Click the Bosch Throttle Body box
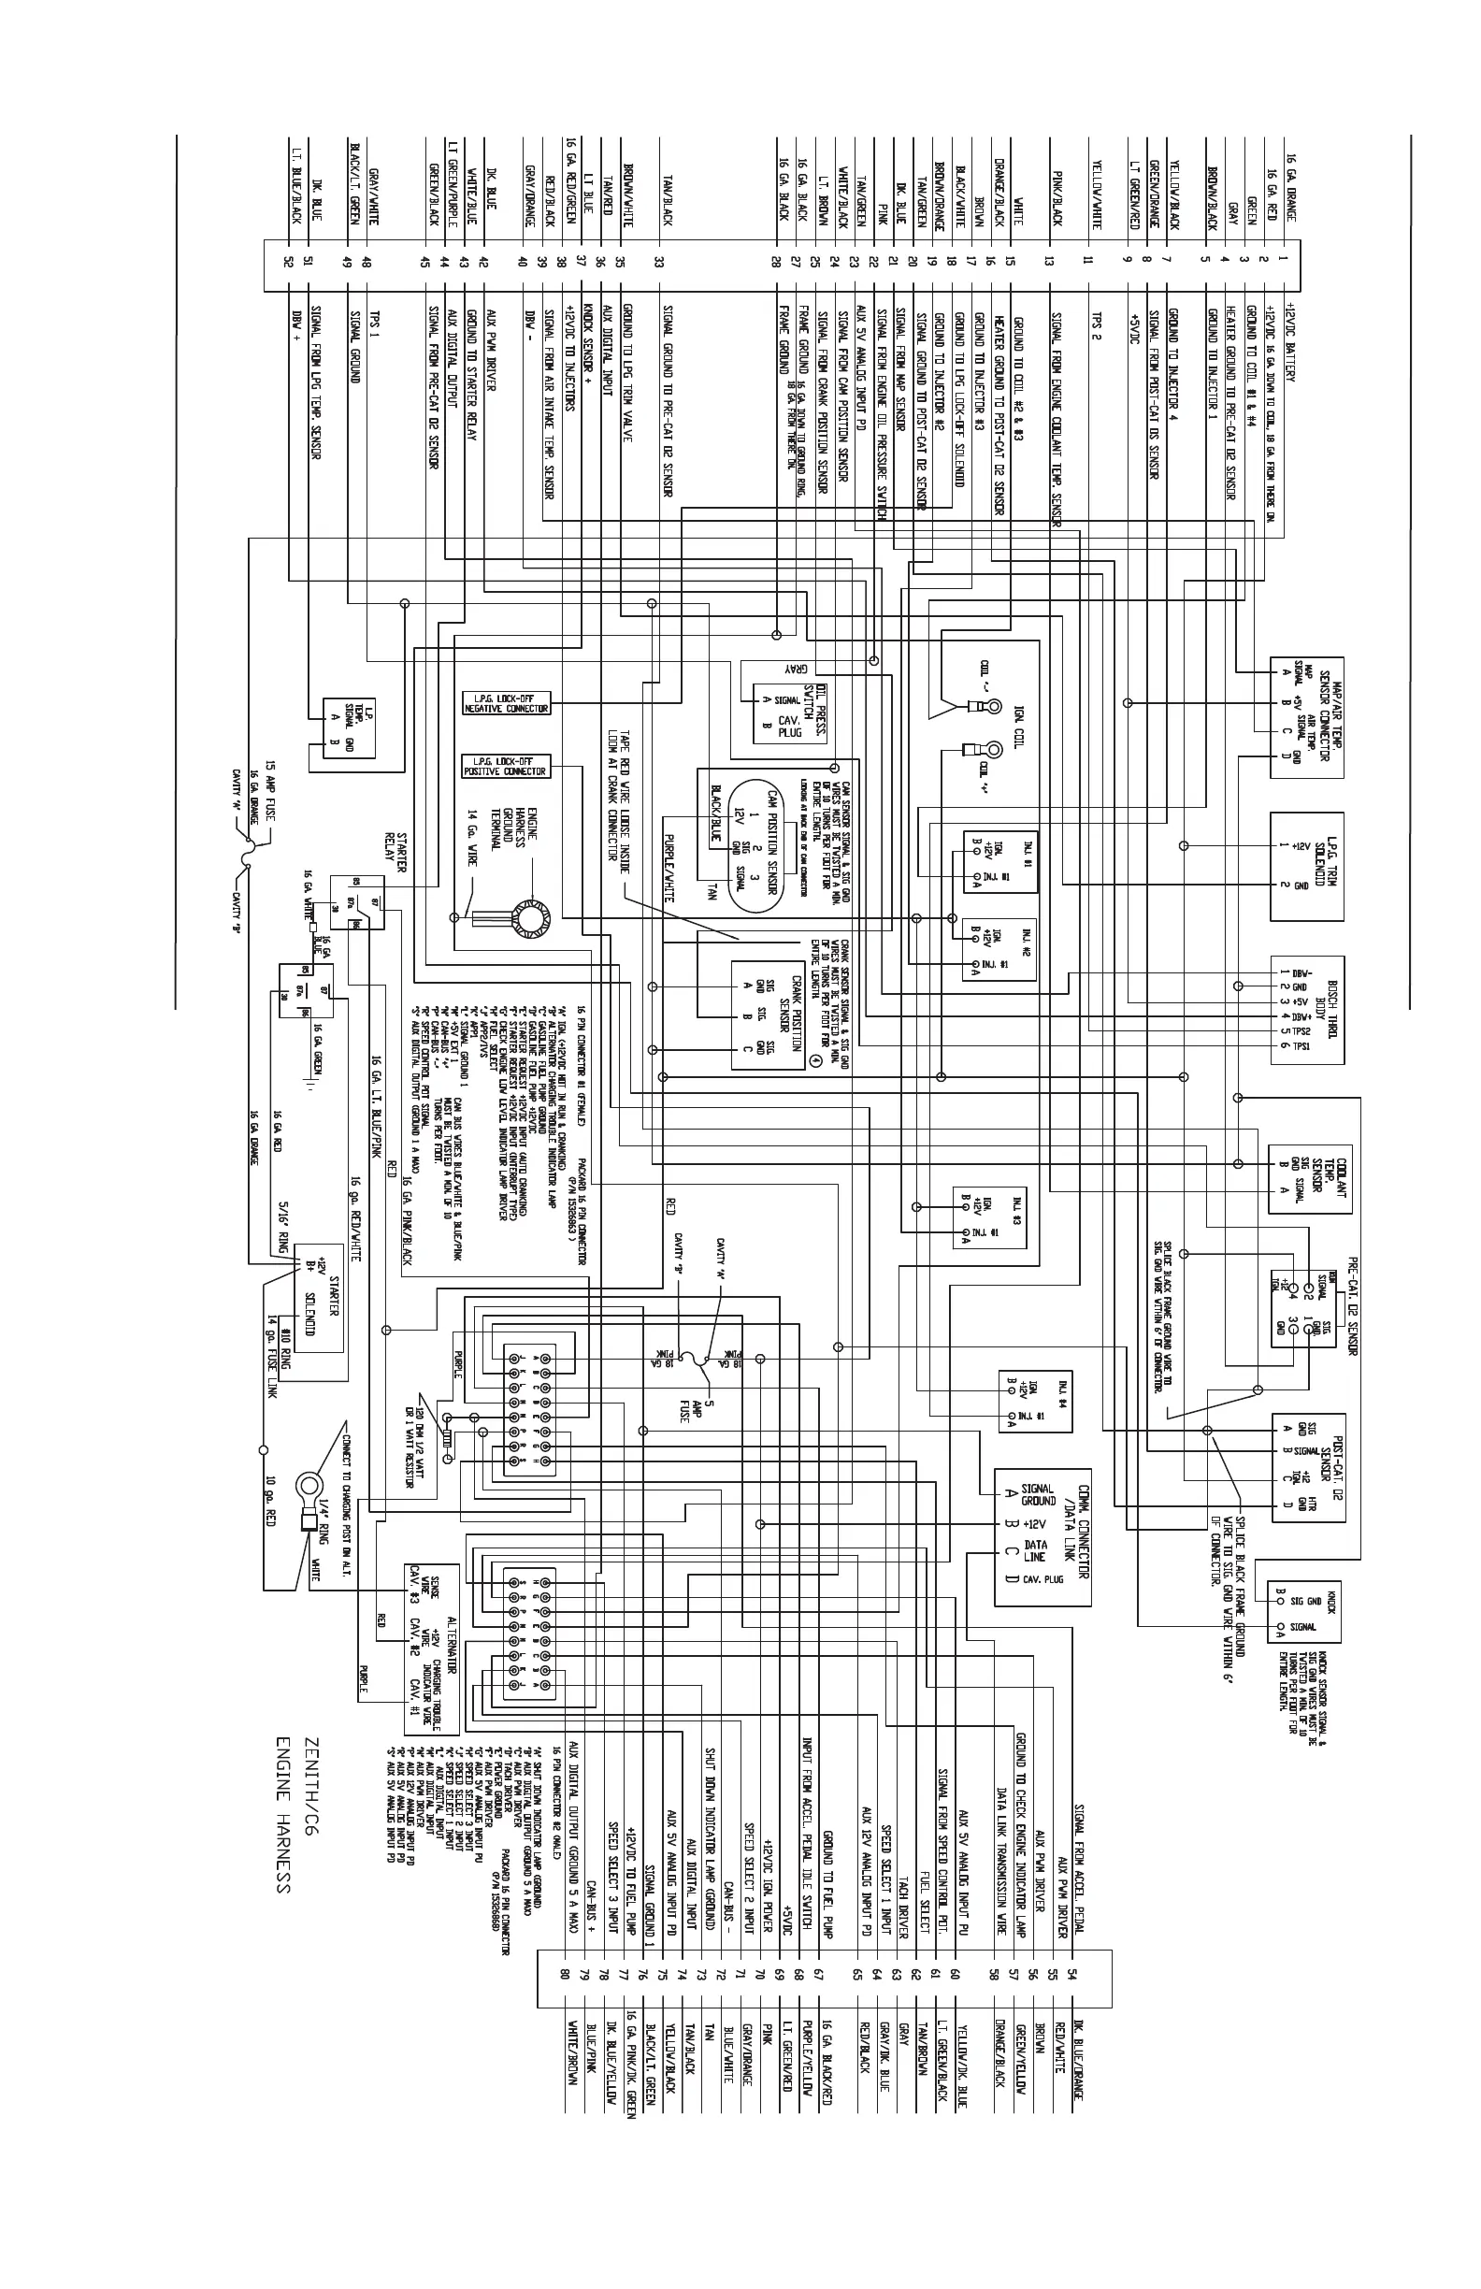point(1307,1010)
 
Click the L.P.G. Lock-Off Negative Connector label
point(506,702)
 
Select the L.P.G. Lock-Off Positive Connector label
point(506,766)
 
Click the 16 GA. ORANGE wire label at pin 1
point(1291,188)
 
